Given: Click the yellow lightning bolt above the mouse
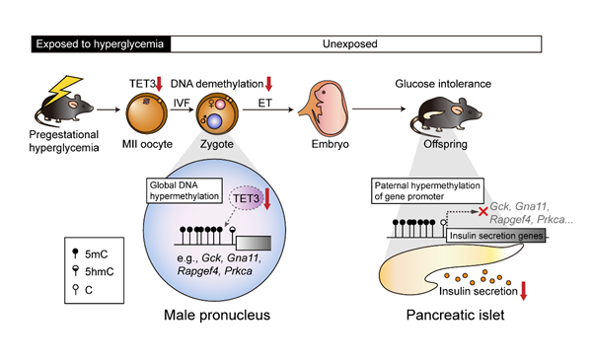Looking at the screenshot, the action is click(x=64, y=90).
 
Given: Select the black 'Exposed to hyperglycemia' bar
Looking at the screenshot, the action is click(x=101, y=44).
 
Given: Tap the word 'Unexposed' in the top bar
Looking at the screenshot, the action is click(x=350, y=44).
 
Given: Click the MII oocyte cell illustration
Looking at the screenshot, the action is click(x=146, y=114).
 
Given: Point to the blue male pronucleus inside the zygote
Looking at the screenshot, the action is click(x=214, y=122).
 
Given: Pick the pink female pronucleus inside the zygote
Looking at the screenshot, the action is click(x=220, y=104).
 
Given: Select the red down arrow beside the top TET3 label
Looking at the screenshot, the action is click(x=159, y=84).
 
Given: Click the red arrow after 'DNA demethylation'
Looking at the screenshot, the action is click(x=268, y=84).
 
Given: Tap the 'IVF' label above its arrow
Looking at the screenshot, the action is click(x=182, y=103).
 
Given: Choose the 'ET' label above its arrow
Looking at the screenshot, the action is click(x=264, y=103).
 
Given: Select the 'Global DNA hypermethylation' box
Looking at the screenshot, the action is click(x=185, y=190).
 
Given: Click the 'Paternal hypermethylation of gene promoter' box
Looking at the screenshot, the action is click(x=427, y=191).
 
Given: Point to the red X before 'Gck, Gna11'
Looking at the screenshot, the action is click(x=483, y=211).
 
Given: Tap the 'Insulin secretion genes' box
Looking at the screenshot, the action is click(x=496, y=236).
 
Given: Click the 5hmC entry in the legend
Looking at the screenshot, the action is click(x=93, y=271).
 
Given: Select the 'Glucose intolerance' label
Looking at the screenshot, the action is click(x=443, y=84).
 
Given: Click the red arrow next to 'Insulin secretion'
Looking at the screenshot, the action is click(x=523, y=291).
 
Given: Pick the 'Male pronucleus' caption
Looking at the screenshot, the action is click(x=217, y=315).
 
